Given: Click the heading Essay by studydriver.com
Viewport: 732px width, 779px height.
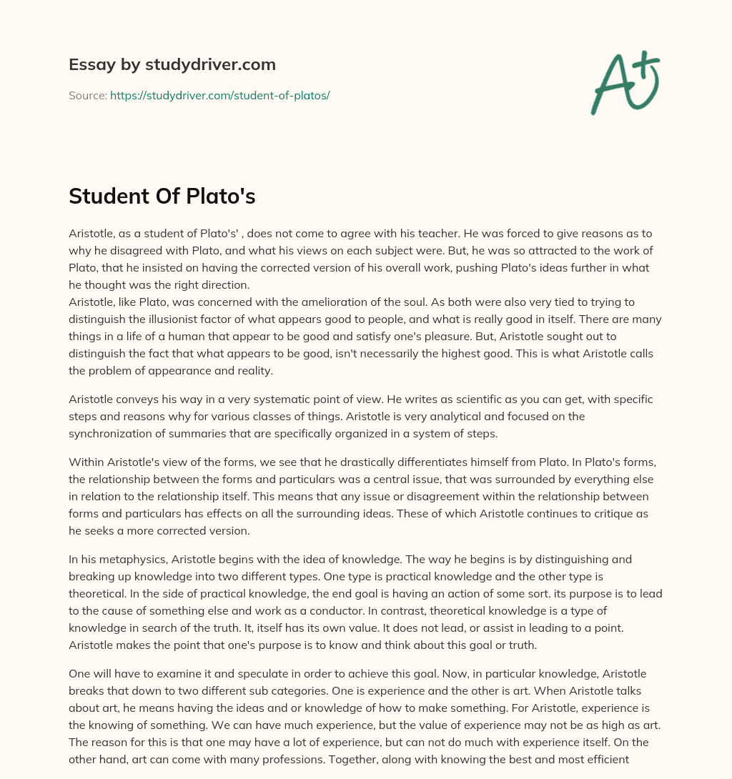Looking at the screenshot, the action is (172, 65).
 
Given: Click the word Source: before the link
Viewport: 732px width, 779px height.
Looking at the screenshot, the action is (87, 95).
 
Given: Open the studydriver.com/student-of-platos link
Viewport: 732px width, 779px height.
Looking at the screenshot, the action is (219, 95).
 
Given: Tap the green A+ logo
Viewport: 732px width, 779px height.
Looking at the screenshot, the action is (623, 82).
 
